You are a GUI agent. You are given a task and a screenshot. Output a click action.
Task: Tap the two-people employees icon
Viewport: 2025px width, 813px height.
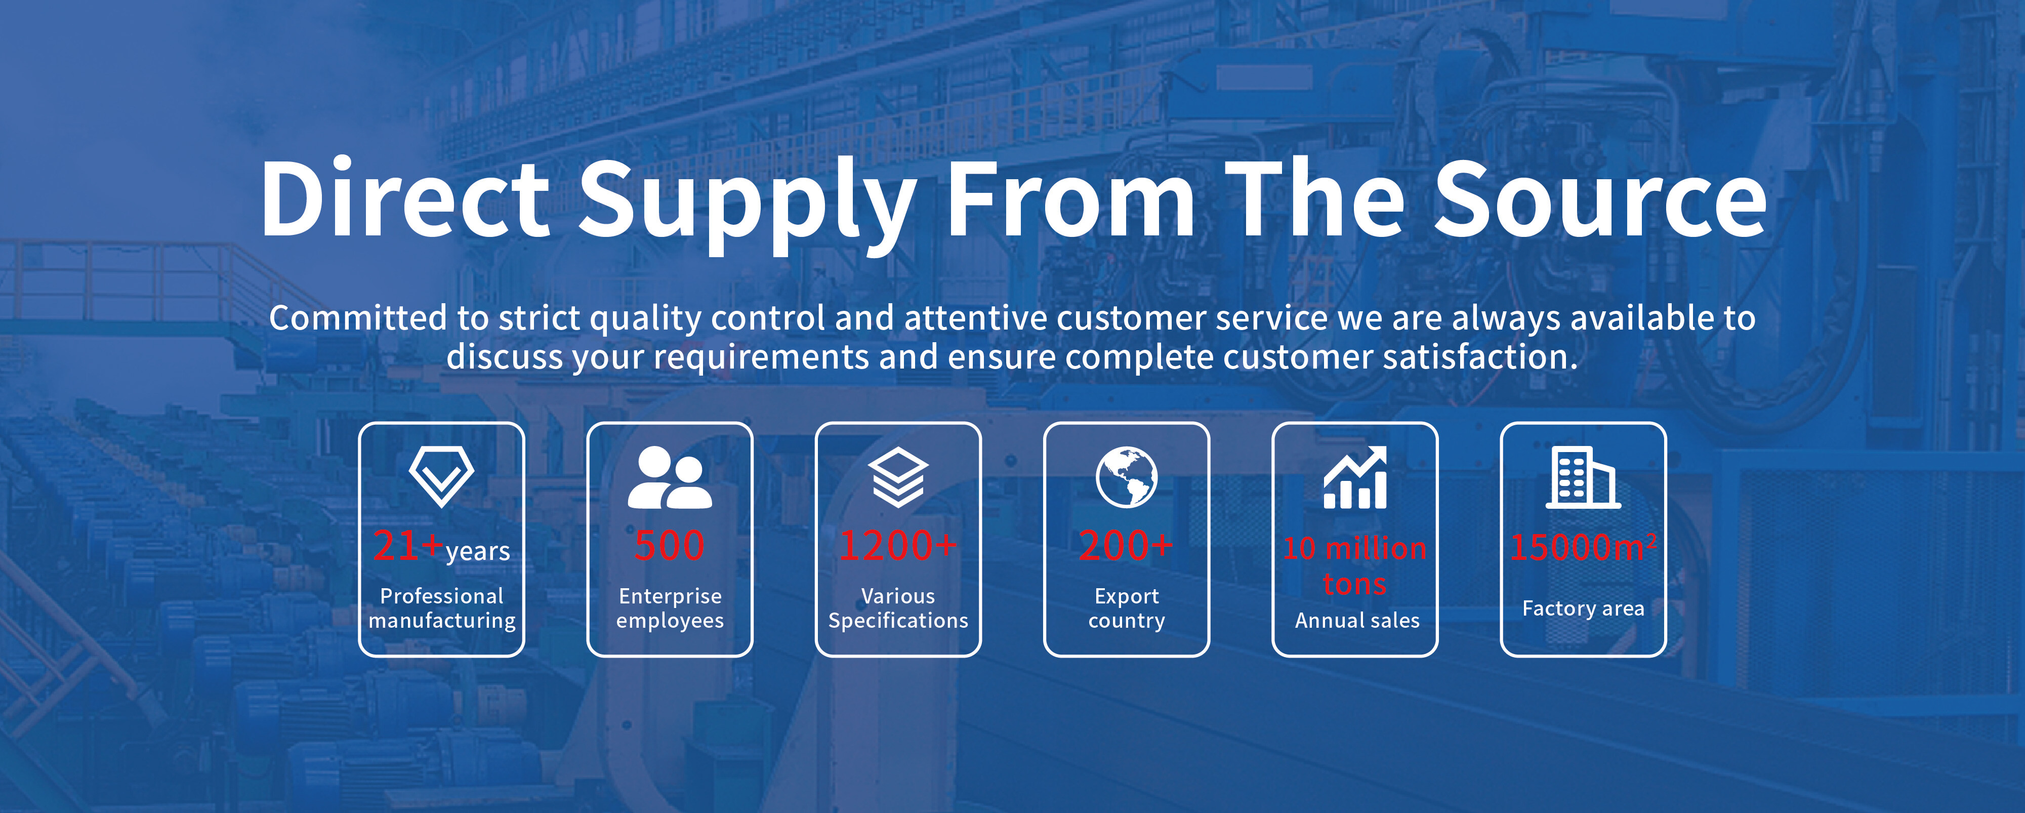coord(670,477)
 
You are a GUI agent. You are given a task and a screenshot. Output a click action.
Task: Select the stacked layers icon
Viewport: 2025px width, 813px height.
coord(898,477)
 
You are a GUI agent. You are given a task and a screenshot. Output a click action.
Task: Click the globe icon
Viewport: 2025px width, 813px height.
coord(1127,477)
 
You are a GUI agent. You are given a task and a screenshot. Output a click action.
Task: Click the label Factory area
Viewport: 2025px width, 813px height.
coord(1583,608)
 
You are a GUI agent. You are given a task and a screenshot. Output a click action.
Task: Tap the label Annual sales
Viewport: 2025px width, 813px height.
coord(1357,620)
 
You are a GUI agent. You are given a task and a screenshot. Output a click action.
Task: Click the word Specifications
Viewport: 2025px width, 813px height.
coord(898,621)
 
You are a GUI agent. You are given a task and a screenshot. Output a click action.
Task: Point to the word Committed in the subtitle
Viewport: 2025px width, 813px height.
coord(358,317)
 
